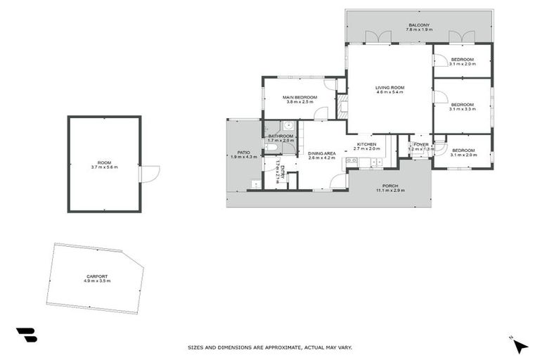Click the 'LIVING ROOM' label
[390, 88]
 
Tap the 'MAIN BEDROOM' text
[300, 97]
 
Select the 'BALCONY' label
[419, 25]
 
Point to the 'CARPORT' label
[97, 276]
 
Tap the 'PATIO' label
[243, 152]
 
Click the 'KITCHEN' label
[367, 144]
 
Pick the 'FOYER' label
[421, 145]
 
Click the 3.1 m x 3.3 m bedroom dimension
[463, 109]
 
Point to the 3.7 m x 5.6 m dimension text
[104, 167]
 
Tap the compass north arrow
[520, 345]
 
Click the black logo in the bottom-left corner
[26, 335]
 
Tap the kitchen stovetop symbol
[352, 162]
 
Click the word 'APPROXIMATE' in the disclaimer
[279, 347]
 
